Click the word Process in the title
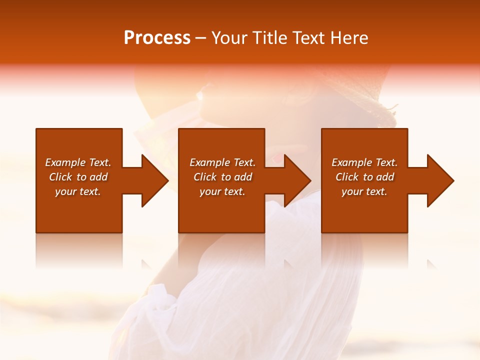(157, 38)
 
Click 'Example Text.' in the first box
(78, 162)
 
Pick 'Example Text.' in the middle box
(222, 162)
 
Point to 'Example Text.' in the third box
(364, 162)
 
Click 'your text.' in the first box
(78, 191)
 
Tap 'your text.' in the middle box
(222, 191)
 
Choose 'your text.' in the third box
(364, 191)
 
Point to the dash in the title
(200, 38)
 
